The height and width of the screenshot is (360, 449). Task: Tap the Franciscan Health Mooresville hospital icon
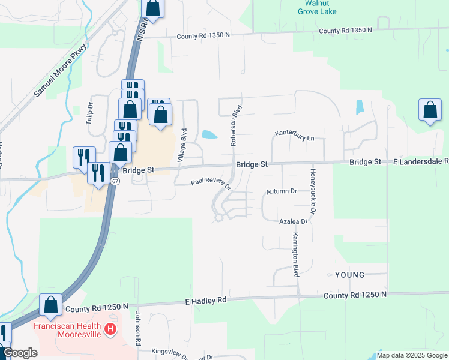pyautogui.click(x=110, y=329)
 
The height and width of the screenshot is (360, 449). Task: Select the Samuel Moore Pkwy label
pyautogui.click(x=60, y=70)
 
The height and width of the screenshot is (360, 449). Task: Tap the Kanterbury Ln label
pyautogui.click(x=295, y=135)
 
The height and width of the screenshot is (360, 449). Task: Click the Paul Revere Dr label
pyautogui.click(x=211, y=183)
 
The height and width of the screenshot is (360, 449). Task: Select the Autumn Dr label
pyautogui.click(x=282, y=191)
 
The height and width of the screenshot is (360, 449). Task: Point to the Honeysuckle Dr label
pyautogui.click(x=313, y=191)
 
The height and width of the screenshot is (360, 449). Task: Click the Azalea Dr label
pyautogui.click(x=293, y=221)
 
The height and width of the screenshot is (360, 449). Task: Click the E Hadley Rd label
pyautogui.click(x=205, y=300)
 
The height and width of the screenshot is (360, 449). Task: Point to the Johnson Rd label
pyautogui.click(x=137, y=329)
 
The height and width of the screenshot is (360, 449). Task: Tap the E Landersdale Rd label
pyautogui.click(x=420, y=161)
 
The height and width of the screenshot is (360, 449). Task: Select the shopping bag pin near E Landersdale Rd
pyautogui.click(x=430, y=110)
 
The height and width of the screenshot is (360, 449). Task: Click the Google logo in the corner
pyautogui.click(x=20, y=353)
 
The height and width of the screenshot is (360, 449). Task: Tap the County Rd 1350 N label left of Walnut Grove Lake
pyautogui.click(x=203, y=36)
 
